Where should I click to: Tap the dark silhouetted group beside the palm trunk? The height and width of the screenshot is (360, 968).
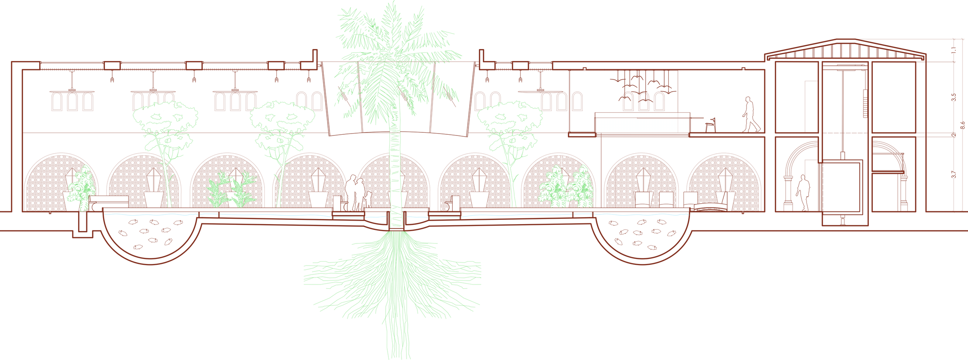click(x=356, y=193)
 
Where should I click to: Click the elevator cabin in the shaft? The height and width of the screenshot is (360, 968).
click(x=843, y=186)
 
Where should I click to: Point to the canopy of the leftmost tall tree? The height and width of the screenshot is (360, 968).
click(x=166, y=118)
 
